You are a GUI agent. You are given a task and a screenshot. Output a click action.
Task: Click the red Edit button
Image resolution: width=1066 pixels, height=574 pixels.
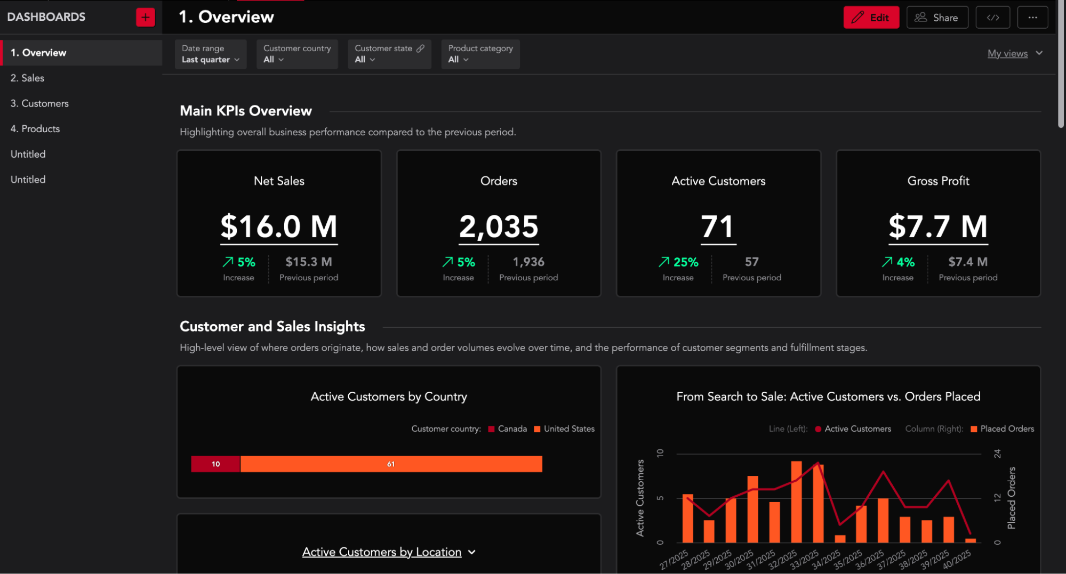[870, 18]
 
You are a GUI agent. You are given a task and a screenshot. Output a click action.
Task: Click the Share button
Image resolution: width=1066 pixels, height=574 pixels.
[937, 18]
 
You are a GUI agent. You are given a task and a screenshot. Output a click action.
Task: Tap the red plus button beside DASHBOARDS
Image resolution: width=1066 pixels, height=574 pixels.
[145, 17]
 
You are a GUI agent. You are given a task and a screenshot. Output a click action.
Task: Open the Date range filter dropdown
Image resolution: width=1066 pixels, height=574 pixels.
[210, 54]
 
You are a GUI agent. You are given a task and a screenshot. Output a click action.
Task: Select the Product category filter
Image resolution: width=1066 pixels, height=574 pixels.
[480, 54]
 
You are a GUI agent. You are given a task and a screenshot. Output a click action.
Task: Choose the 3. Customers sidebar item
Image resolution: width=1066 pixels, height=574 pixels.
[39, 103]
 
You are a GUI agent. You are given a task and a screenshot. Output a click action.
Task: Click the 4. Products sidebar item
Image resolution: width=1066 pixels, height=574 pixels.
[35, 129]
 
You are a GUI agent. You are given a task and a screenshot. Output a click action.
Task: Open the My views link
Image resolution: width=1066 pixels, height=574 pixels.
[1007, 53]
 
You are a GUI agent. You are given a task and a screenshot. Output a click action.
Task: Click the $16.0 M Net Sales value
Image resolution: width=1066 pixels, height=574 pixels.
[279, 227]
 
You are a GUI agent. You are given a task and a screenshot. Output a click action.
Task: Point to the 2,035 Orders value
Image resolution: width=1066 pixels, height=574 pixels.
[499, 227]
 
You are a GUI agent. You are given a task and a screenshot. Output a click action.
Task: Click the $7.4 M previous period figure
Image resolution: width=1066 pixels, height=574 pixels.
[967, 262]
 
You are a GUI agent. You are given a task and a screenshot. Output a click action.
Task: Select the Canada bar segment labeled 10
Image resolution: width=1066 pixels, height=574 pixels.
[215, 464]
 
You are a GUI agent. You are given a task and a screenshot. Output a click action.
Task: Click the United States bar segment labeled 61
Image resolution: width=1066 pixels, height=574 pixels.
[391, 464]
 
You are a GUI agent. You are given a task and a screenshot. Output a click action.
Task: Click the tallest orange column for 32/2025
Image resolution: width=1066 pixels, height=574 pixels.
[796, 501]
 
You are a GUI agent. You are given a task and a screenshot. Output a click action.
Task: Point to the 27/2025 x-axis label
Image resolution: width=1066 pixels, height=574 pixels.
[674, 560]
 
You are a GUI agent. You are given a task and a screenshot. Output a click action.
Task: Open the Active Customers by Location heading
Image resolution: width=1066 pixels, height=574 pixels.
[382, 552]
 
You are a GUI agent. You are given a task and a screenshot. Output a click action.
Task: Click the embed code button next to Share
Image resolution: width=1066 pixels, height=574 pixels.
[992, 18]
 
